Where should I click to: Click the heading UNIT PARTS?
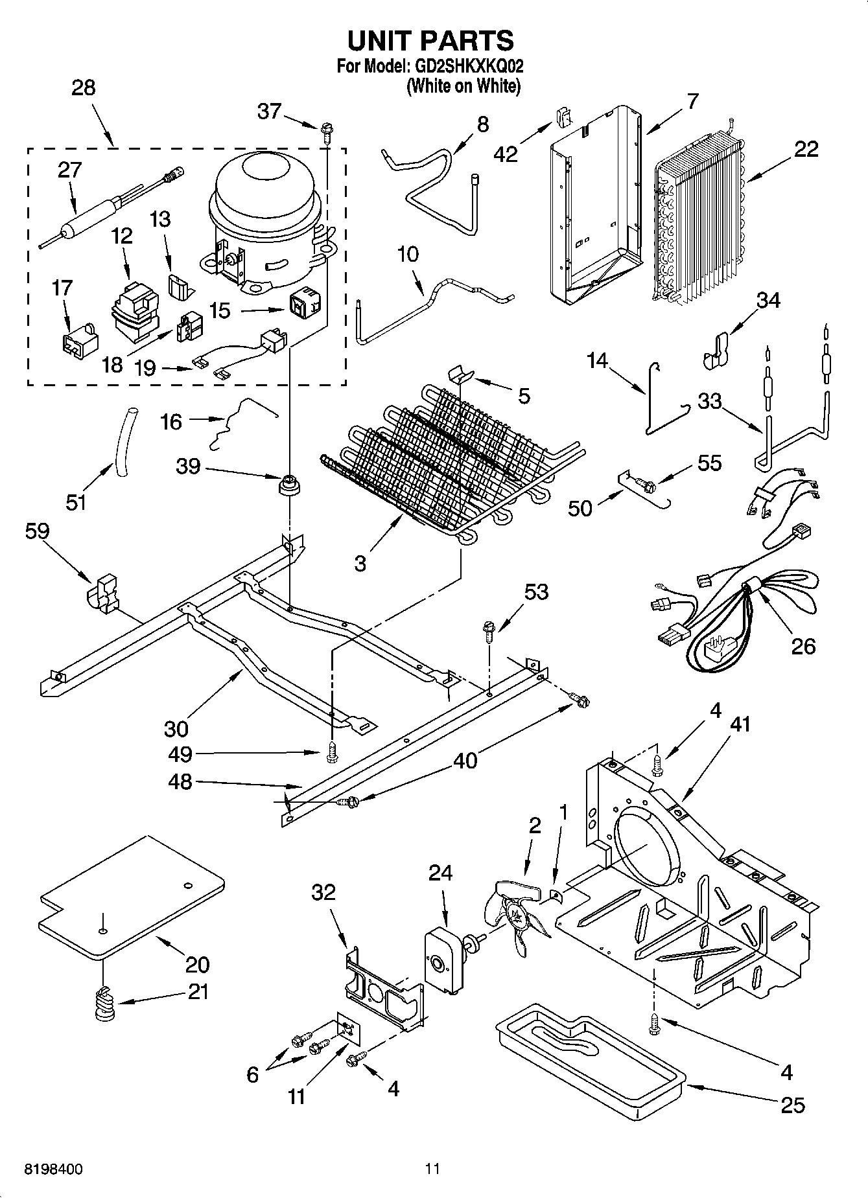pos(430,40)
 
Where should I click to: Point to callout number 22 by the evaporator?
pos(806,149)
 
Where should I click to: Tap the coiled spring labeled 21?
pos(104,1004)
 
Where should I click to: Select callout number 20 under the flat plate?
pos(197,964)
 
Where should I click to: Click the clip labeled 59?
pos(102,592)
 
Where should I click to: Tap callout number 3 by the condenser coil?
pos(360,563)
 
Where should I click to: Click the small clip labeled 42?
pos(563,117)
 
